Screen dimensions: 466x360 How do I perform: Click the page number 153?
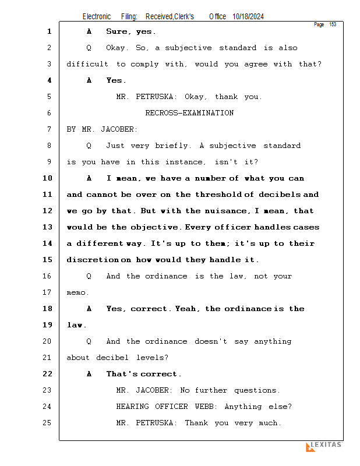click(333, 24)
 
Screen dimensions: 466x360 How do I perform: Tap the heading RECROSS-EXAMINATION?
click(189, 113)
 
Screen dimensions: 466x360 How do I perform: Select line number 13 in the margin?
click(48, 227)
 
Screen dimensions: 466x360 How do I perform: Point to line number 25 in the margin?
click(48, 423)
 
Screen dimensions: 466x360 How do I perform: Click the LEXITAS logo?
click(324, 446)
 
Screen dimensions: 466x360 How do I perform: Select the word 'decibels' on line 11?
click(282, 195)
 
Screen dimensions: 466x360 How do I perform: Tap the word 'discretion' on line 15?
click(92, 260)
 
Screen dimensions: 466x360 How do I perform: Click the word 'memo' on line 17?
click(77, 292)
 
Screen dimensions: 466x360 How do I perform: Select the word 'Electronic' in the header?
click(97, 17)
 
